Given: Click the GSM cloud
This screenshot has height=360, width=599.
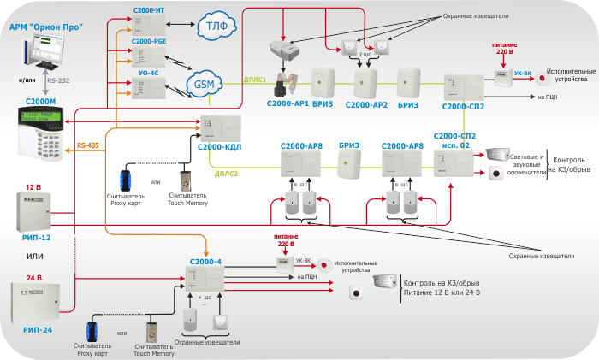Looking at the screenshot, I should (204, 84).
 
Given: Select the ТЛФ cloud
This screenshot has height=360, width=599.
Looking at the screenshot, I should (211, 27).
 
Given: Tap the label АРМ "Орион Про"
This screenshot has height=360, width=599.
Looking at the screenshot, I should (46, 27).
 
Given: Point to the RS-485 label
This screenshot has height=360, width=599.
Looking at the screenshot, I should (88, 146).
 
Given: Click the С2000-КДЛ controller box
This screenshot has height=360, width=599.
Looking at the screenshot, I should (221, 128).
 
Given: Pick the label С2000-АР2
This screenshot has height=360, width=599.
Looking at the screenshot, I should (366, 105).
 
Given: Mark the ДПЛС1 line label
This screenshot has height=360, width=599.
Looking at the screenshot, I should (256, 79).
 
